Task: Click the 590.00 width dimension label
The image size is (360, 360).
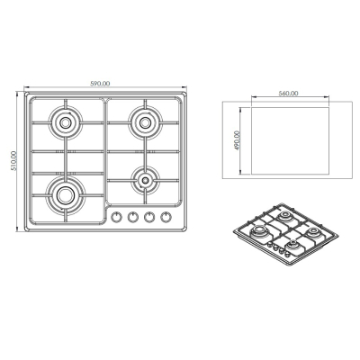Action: tap(100, 84)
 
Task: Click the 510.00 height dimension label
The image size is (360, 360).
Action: tap(14, 161)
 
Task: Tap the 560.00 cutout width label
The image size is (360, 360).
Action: tap(288, 94)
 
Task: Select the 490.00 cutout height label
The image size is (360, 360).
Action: tap(238, 140)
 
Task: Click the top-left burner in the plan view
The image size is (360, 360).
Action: tap(65, 122)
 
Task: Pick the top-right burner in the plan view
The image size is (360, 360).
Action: tap(145, 122)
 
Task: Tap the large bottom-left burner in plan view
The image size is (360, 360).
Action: tap(65, 195)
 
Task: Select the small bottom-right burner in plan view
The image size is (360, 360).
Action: tap(145, 180)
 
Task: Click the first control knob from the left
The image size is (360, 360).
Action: tap(116, 217)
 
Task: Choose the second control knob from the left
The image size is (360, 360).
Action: tap(133, 217)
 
